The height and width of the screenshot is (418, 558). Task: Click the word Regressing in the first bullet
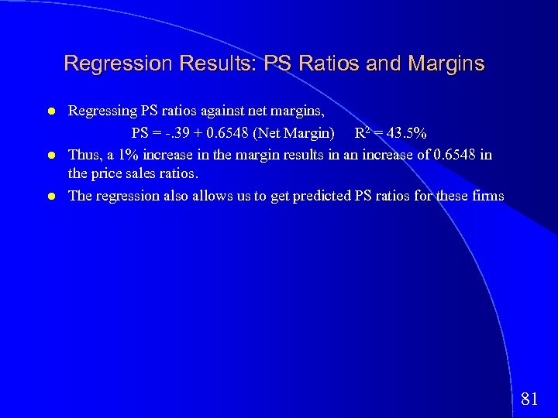pyautogui.click(x=103, y=111)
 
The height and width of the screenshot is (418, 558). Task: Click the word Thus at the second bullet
pyautogui.click(x=84, y=154)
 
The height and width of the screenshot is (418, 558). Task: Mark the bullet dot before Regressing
pyautogui.click(x=50, y=112)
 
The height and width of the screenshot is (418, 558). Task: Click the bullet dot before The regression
pyautogui.click(x=50, y=197)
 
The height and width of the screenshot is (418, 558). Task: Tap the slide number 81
pyautogui.click(x=530, y=399)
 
